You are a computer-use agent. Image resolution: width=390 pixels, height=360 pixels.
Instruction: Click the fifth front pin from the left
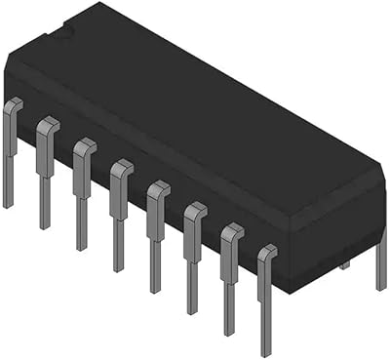coord(156,229)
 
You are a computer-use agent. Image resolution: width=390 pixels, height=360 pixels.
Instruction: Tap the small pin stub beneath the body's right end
coord(343,264)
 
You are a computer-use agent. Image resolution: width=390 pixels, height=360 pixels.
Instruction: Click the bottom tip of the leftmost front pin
coord(9,204)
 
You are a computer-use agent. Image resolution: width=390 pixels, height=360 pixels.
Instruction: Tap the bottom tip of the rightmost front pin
coord(265,351)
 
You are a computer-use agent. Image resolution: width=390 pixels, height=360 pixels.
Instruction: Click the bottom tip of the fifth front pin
coord(155,289)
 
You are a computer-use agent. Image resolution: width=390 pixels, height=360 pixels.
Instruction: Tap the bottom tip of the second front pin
coord(45,225)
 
